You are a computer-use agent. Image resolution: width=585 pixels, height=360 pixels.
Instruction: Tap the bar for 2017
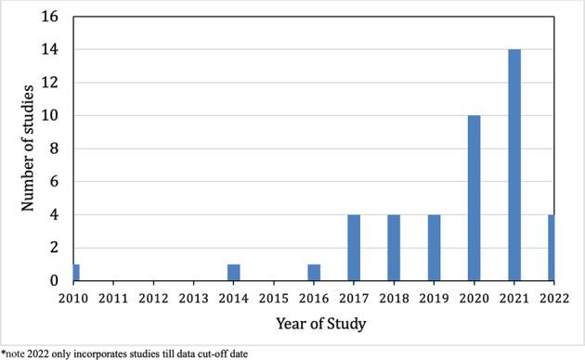(353, 248)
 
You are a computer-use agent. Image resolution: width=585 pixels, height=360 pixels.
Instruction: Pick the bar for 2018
(393, 248)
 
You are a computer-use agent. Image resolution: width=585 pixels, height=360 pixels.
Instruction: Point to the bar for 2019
(433, 248)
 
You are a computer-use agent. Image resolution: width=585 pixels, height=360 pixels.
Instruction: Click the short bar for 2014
(233, 273)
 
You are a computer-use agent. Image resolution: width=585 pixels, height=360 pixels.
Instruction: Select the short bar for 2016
(313, 273)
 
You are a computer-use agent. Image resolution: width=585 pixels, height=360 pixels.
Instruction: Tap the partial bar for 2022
(551, 248)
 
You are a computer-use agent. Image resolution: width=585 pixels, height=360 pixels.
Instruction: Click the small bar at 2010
(76, 273)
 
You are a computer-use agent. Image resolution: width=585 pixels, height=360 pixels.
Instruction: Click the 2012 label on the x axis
(153, 299)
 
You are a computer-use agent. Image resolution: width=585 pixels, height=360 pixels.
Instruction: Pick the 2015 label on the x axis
(273, 299)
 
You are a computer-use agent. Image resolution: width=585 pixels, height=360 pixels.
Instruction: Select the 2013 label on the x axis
(193, 299)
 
